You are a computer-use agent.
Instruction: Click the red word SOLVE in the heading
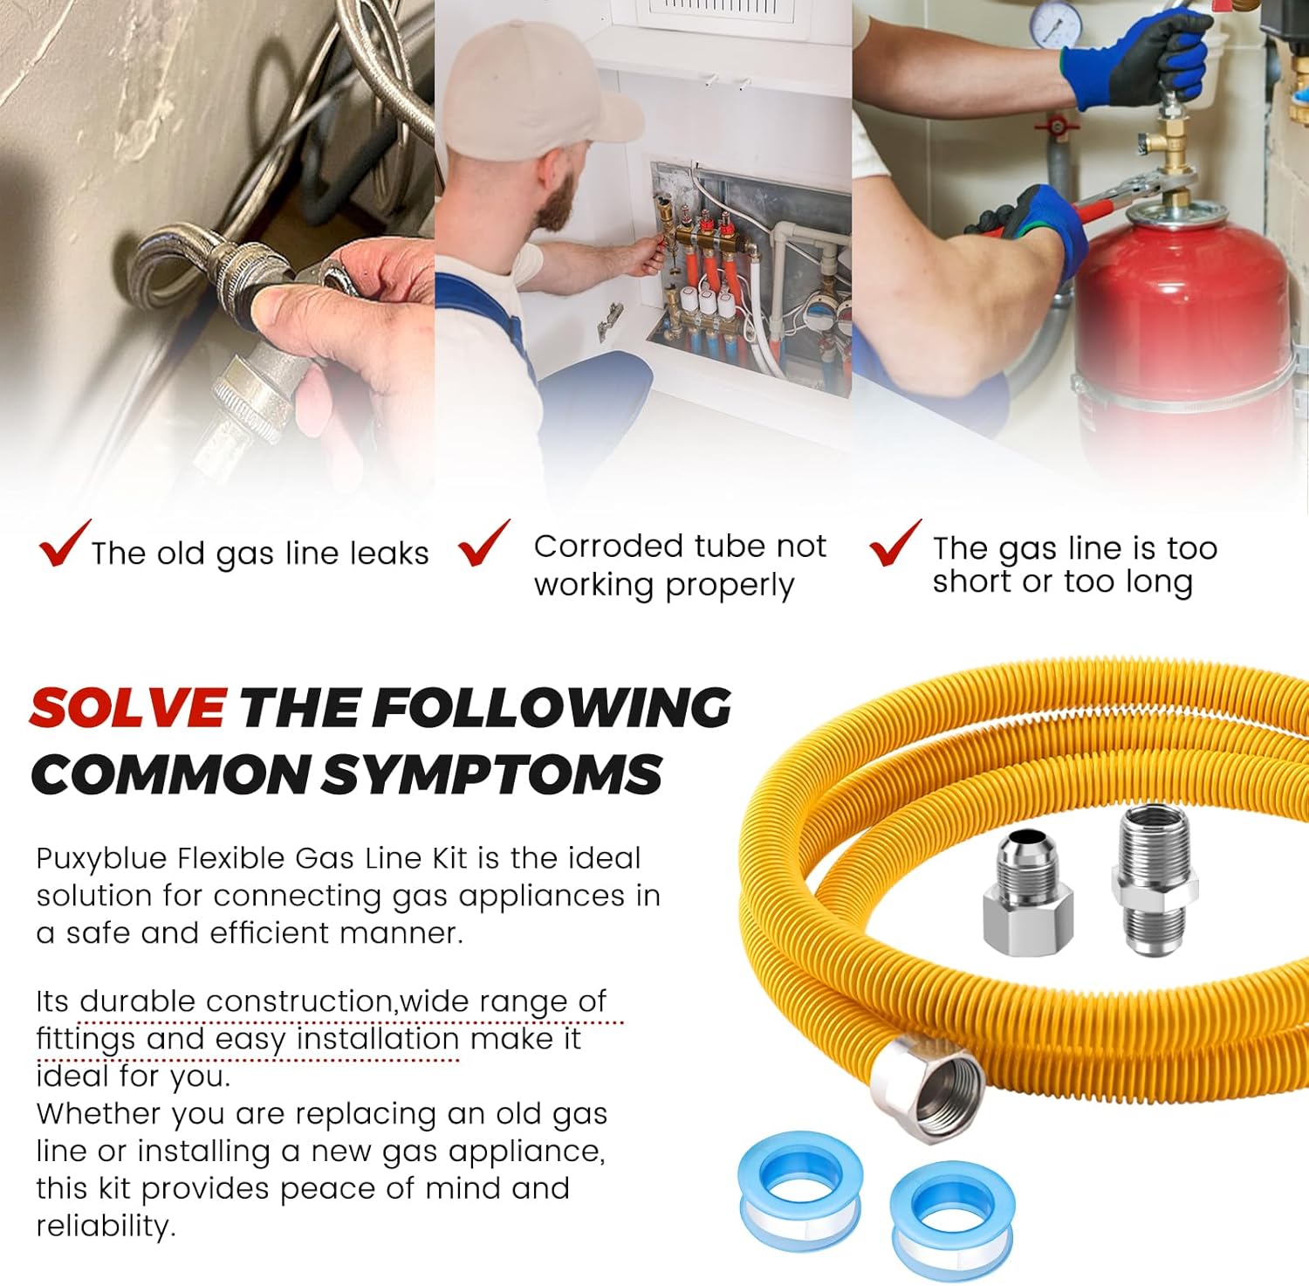point(127,707)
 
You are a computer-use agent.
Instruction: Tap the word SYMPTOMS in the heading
point(492,774)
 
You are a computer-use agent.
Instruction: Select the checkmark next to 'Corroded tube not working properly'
point(484,543)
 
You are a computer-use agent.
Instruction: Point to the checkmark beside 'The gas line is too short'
point(895,543)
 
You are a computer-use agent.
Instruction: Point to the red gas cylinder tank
point(1187,332)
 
